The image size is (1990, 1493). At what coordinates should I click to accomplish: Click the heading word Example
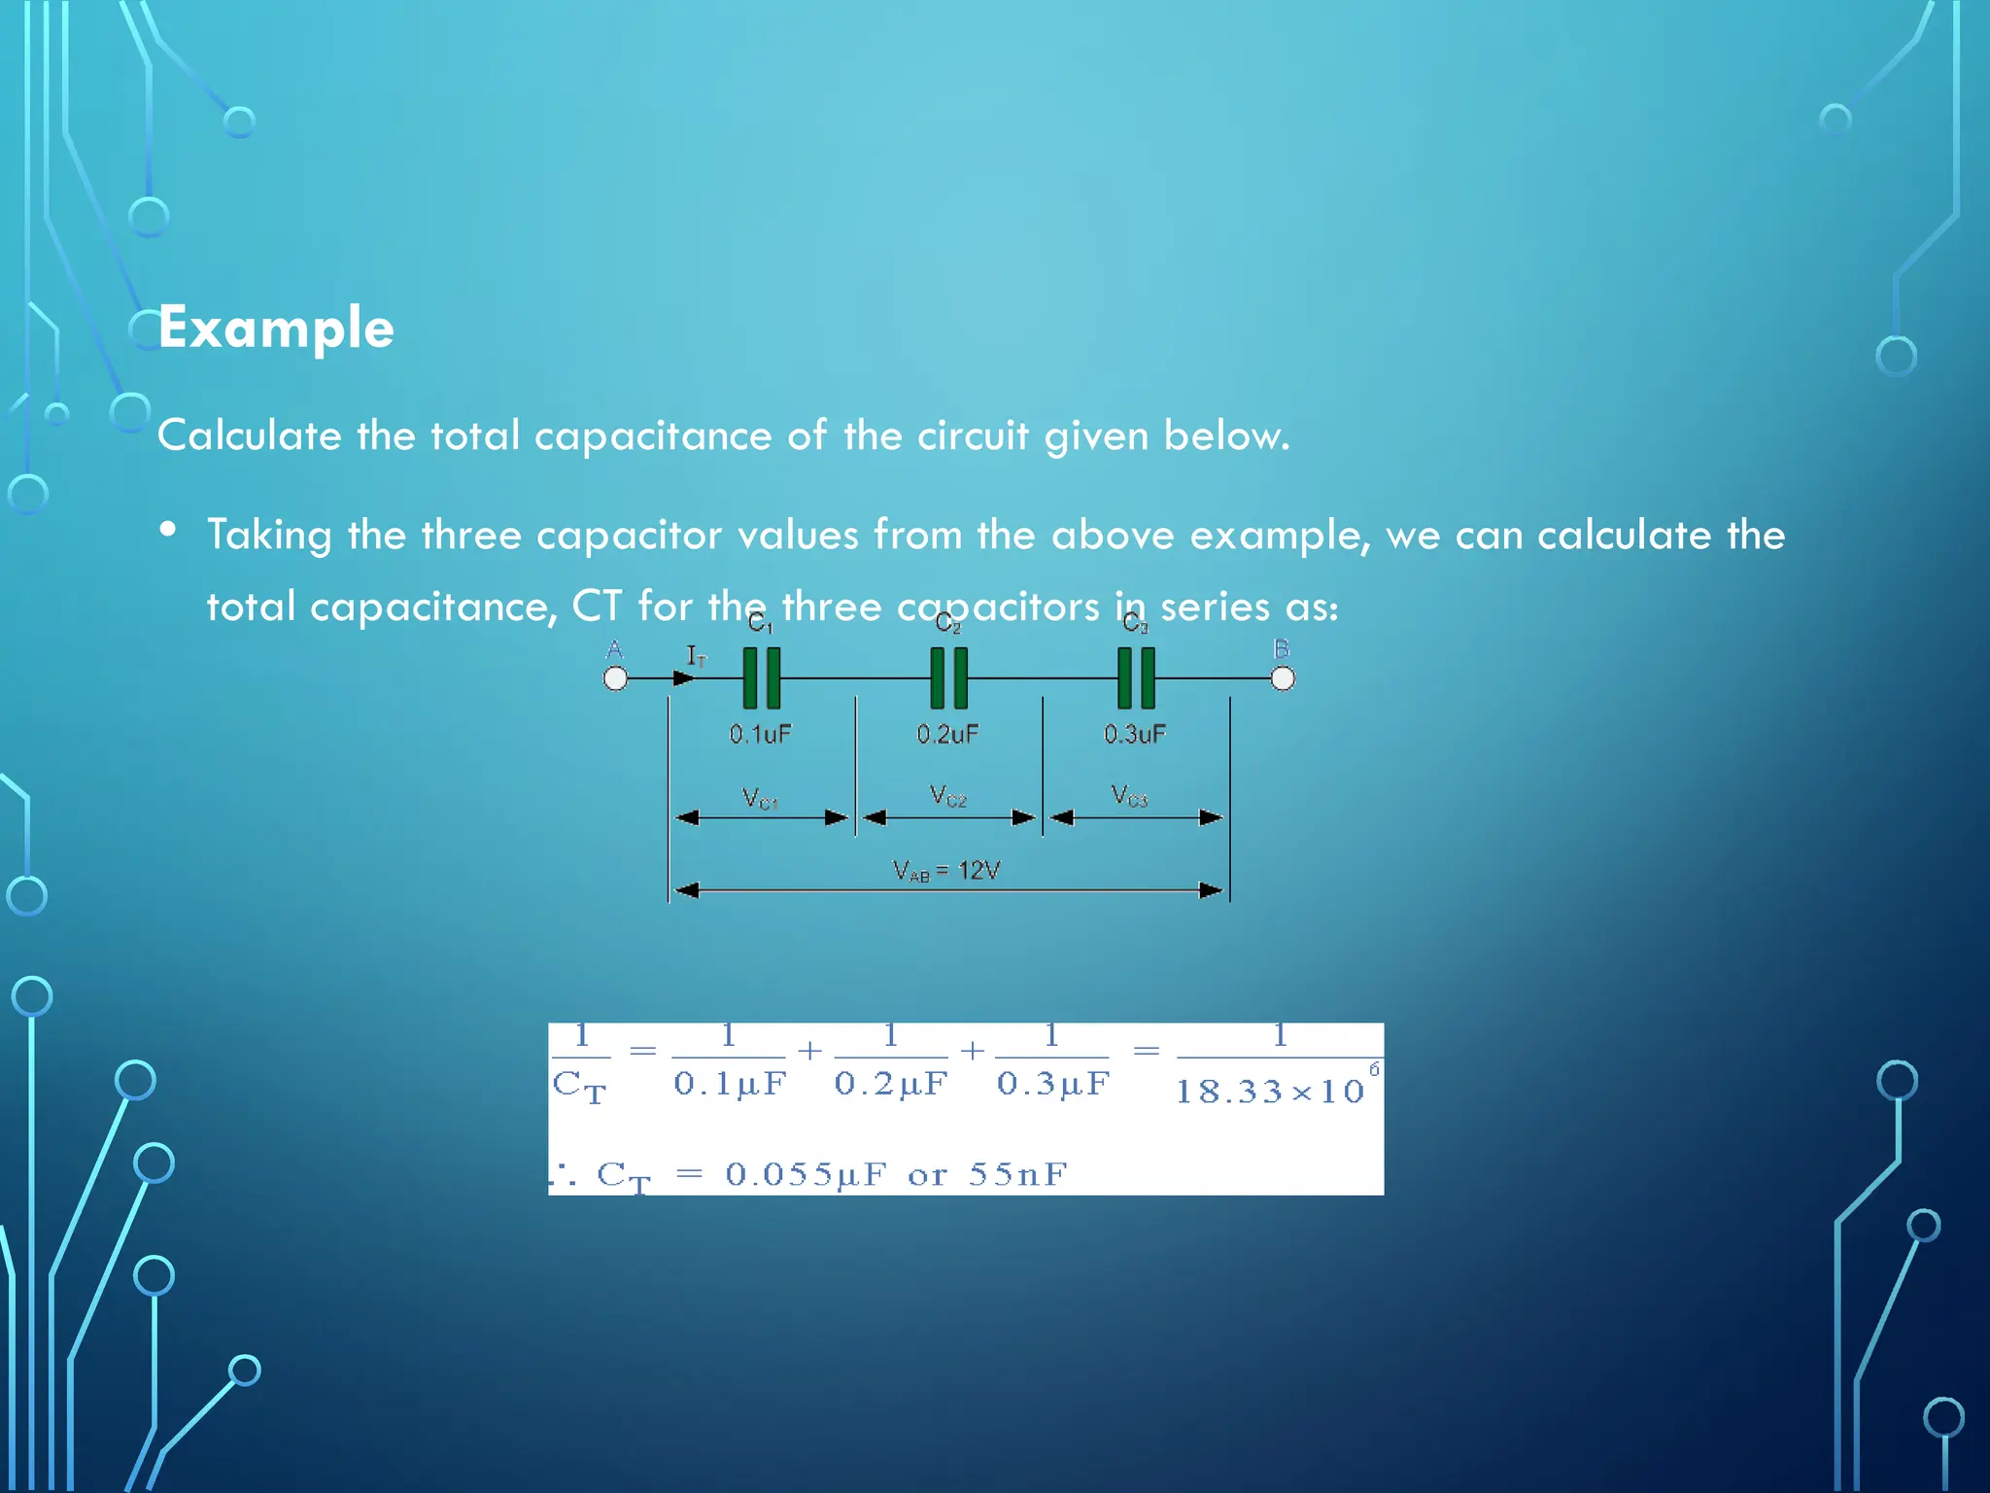tap(276, 328)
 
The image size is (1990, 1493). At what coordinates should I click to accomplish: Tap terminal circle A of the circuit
tap(615, 678)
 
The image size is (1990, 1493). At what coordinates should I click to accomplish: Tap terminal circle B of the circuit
tap(1283, 678)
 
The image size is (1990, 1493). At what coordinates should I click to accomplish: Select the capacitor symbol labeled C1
tap(761, 677)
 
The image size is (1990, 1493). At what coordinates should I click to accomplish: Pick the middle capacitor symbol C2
tap(948, 677)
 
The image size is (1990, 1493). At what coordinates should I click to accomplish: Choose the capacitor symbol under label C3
tap(1136, 677)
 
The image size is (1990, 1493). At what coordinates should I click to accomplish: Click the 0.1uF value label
tap(760, 734)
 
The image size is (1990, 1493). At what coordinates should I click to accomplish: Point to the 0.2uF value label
tap(947, 734)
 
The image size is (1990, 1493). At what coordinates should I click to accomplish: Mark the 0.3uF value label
tap(1134, 734)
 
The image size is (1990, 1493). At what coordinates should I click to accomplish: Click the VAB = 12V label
tap(946, 870)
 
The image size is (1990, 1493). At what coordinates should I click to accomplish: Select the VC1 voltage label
tap(759, 798)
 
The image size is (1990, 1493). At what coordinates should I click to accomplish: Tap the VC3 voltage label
tap(1129, 796)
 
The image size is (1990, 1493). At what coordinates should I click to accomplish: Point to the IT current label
tap(697, 656)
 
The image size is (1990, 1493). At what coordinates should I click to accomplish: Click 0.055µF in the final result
tap(806, 1174)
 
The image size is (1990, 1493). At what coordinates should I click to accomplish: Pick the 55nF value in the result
tap(1017, 1174)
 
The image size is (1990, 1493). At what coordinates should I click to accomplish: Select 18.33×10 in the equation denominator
tap(1270, 1092)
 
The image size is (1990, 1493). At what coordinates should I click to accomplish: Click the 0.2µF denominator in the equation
tap(890, 1083)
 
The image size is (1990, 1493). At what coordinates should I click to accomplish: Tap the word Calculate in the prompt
tap(249, 435)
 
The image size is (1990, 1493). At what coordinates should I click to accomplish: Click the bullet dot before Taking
tap(169, 530)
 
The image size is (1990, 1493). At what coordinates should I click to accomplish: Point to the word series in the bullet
tap(1215, 607)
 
